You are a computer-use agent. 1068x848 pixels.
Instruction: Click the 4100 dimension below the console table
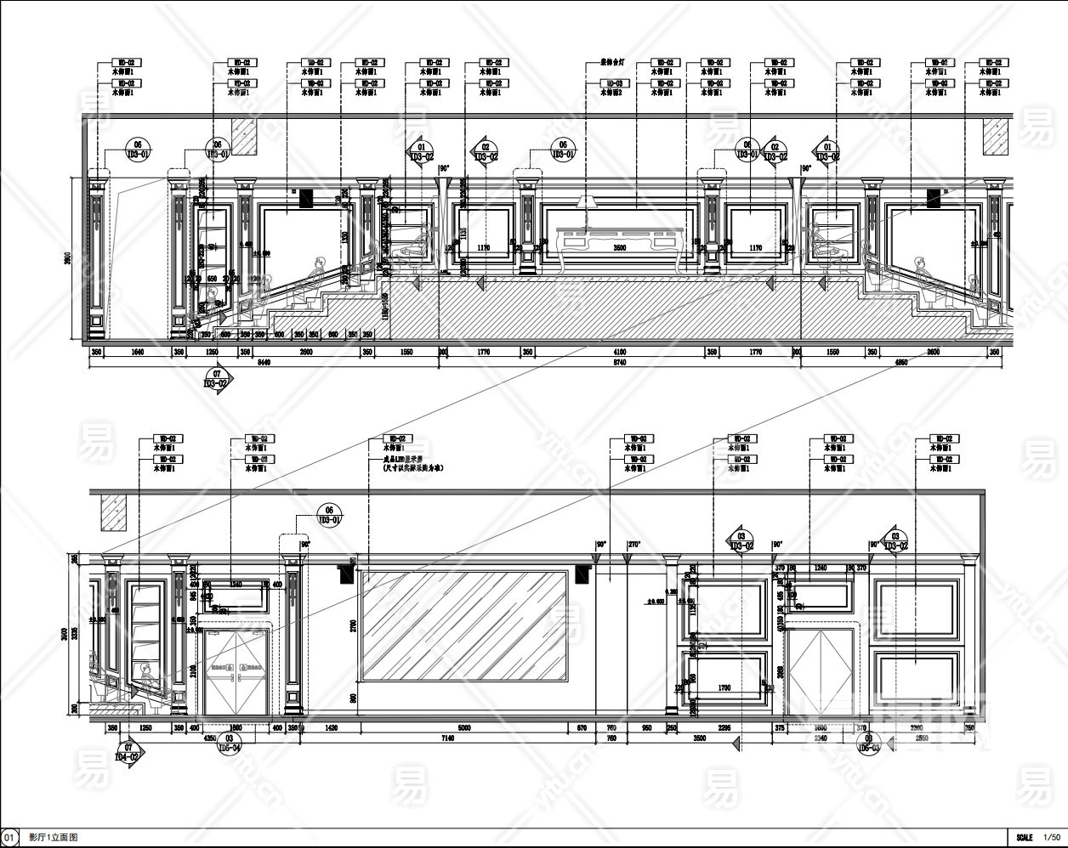tap(619, 352)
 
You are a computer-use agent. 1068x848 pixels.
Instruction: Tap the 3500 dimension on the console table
tap(619, 248)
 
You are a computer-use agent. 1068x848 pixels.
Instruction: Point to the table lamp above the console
tap(584, 201)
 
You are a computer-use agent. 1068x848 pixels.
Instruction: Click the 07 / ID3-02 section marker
tap(217, 378)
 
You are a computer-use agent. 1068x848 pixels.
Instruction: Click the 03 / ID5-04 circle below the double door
tap(229, 743)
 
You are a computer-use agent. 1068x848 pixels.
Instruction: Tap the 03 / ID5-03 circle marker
tap(867, 743)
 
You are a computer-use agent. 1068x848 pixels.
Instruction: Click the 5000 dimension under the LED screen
tap(463, 728)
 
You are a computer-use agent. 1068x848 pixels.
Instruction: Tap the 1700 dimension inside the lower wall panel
tap(724, 687)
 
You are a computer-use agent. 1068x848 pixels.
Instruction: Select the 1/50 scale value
tap(1052, 837)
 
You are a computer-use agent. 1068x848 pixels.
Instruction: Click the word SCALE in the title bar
tap(1024, 837)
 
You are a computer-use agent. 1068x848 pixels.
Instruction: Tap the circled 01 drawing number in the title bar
tap(9, 837)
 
